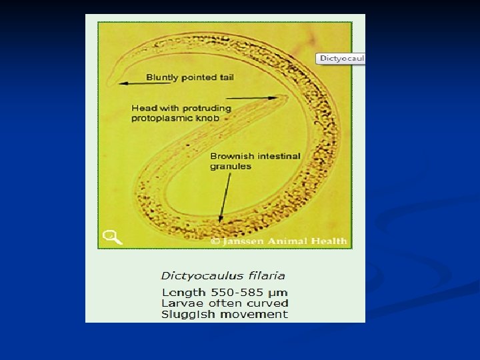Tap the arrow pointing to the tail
coord(130,83)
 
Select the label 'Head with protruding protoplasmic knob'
coord(181,113)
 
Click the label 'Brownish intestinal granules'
coord(255,161)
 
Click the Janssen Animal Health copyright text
coord(279,241)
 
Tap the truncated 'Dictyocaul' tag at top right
coord(342,59)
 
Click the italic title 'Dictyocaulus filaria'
coord(223,275)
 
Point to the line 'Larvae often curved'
coord(225,303)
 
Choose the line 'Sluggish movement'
coord(225,314)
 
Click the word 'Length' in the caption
coord(183,293)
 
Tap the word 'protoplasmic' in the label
coord(161,118)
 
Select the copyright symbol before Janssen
coord(215,241)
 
